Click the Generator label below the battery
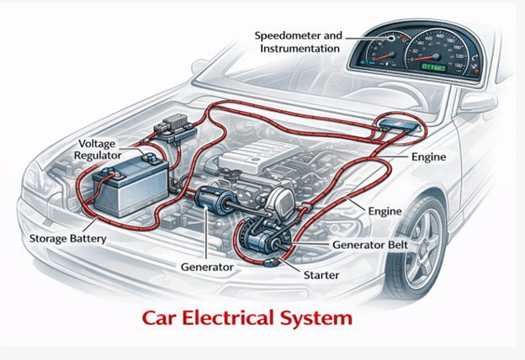(207, 267)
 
